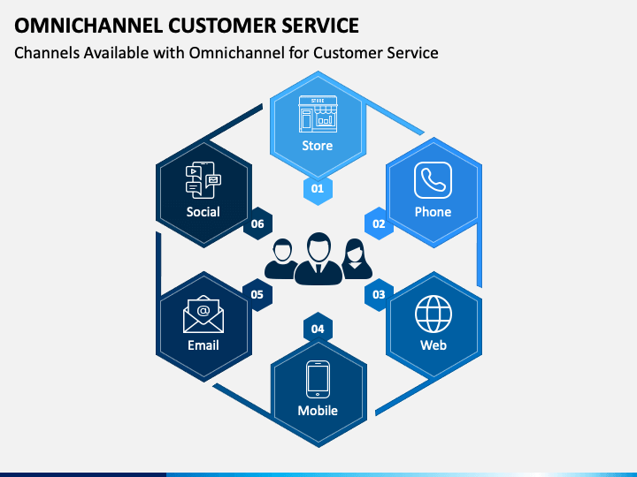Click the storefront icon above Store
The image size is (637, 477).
tap(318, 112)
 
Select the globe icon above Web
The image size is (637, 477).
tap(434, 314)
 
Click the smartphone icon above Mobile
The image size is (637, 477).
tap(318, 380)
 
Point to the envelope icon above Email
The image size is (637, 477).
tap(203, 314)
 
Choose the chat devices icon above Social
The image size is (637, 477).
tap(203, 179)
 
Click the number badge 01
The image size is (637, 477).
tap(318, 188)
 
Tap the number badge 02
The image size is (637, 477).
tap(379, 223)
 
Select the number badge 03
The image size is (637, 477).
tap(379, 294)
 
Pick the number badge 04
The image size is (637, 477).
tap(318, 329)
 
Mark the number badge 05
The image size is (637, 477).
tap(257, 294)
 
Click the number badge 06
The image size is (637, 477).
tap(257, 223)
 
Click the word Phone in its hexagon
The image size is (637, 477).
tap(433, 212)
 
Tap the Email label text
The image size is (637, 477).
tap(203, 345)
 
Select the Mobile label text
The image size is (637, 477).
tap(318, 411)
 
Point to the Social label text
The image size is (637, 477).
tap(203, 212)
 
